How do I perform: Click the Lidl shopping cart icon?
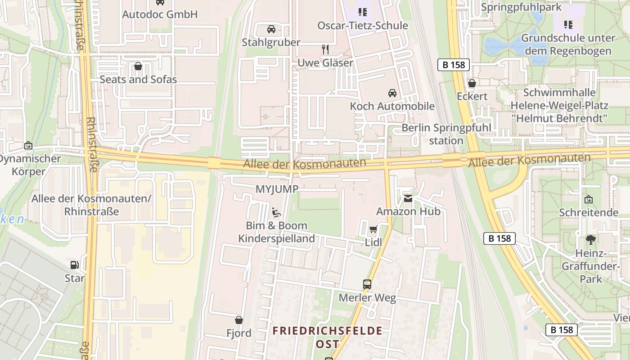[373, 229]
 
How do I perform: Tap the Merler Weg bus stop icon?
[367, 284]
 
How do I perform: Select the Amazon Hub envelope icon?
[408, 198]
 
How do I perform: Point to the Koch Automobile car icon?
[392, 93]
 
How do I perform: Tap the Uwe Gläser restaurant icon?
[325, 49]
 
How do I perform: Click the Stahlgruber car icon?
[271, 29]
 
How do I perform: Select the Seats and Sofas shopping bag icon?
[138, 66]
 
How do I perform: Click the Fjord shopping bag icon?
[239, 320]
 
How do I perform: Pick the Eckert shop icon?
[472, 83]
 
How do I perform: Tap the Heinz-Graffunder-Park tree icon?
[590, 240]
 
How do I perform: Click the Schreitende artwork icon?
[588, 199]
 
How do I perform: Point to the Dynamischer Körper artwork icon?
[28, 145]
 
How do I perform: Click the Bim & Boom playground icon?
[276, 212]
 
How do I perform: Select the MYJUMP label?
[277, 189]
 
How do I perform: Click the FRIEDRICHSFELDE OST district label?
[328, 337]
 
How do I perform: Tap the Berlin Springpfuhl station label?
[446, 134]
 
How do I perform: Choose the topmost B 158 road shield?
[454, 65]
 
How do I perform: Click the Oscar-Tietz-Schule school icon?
[362, 12]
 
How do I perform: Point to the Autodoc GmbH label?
[160, 14]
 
